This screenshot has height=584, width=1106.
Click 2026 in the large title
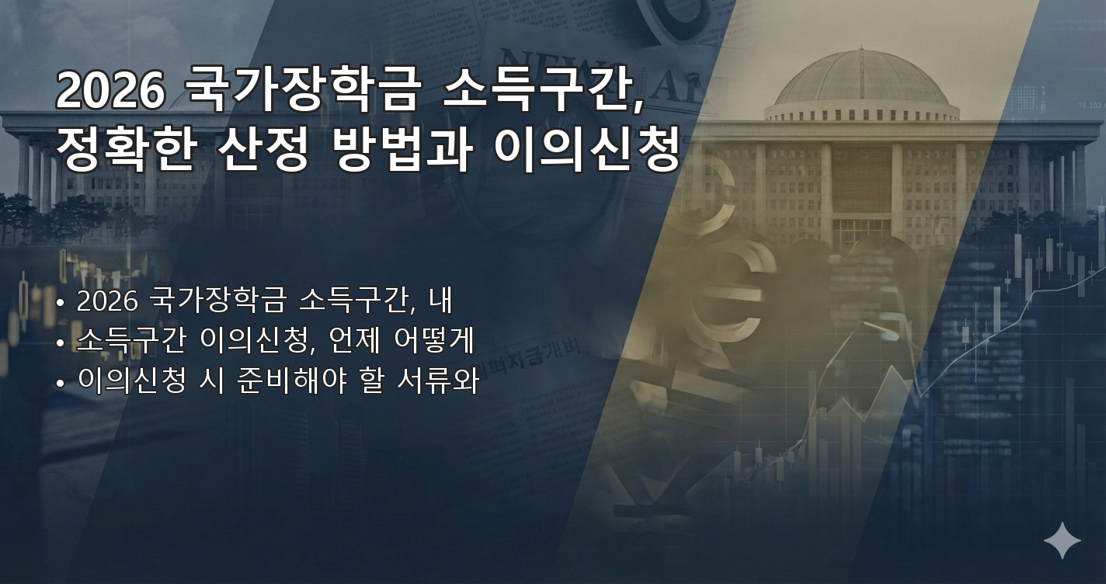[x=110, y=92]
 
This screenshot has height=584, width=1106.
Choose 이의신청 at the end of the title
[x=586, y=151]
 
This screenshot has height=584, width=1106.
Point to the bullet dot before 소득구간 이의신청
[x=60, y=342]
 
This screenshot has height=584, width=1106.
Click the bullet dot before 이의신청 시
[x=60, y=384]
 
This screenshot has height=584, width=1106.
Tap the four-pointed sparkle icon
[x=1062, y=541]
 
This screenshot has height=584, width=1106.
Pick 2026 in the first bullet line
[x=106, y=300]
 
